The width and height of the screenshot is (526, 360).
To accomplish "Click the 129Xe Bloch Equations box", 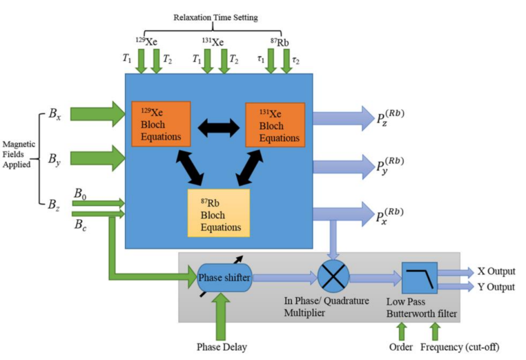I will click(161, 124).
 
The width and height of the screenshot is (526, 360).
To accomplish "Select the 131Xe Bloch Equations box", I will click(275, 124).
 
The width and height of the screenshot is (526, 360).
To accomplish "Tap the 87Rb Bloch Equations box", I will click(219, 213).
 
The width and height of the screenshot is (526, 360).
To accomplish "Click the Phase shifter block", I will click(224, 278).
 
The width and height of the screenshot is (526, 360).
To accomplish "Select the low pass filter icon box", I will click(419, 278).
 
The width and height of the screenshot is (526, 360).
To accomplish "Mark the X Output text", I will click(496, 271).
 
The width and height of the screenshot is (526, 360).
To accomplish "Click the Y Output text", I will click(496, 287).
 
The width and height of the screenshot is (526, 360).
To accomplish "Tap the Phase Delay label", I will click(221, 347).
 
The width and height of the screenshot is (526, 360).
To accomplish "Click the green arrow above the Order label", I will click(402, 331).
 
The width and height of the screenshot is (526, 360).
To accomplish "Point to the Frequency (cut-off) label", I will click(460, 347).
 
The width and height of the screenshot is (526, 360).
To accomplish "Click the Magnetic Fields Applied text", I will click(19, 155).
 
